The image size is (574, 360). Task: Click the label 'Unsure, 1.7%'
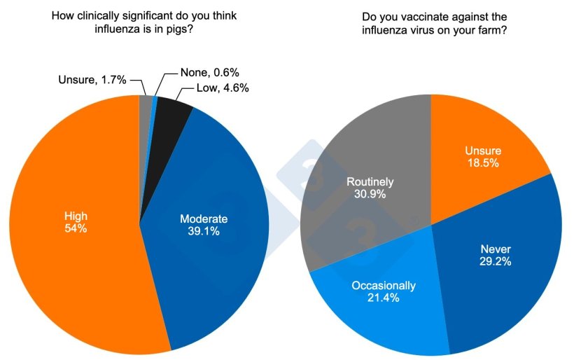(92, 80)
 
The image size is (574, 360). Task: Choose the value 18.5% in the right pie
(483, 162)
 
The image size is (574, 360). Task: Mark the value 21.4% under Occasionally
(384, 298)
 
